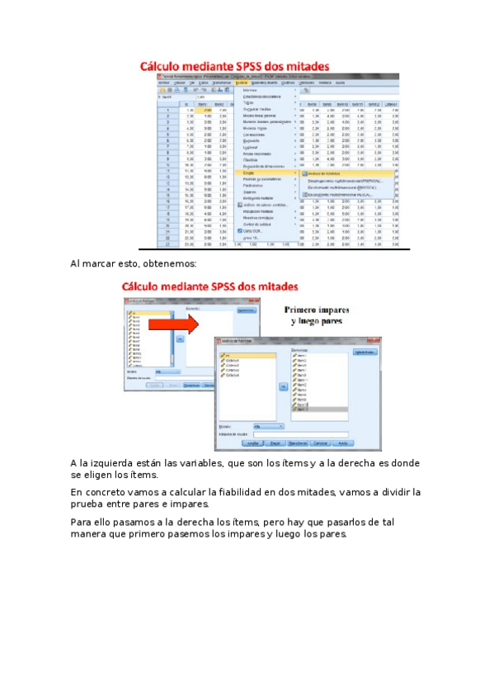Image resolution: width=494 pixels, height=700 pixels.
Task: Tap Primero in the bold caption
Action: (305, 310)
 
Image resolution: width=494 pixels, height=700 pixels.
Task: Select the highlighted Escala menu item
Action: (249, 173)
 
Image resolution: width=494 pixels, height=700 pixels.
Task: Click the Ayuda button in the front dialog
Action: (343, 443)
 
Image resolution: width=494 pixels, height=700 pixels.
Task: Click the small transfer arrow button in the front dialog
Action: (281, 385)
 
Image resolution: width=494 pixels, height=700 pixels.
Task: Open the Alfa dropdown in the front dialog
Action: (269, 426)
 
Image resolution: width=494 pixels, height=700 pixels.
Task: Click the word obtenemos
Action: (170, 264)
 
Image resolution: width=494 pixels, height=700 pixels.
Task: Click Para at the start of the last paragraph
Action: (81, 522)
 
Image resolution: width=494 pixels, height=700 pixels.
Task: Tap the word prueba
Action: (89, 504)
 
